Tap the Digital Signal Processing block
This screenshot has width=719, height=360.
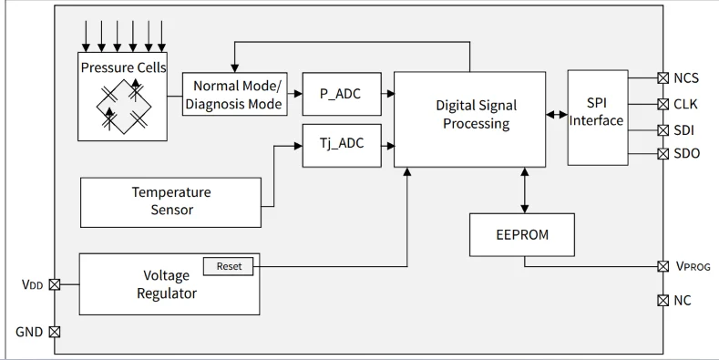[469, 115]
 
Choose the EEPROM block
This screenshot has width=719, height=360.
[522, 234]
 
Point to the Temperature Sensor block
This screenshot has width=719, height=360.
[171, 201]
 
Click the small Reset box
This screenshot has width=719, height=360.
[229, 266]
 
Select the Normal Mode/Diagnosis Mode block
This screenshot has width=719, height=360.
[234, 95]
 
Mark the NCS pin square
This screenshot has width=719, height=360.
[663, 79]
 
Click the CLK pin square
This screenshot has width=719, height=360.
[663, 104]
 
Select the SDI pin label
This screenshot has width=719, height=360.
[684, 129]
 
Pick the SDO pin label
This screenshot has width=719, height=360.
[686, 153]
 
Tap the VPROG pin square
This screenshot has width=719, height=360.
[663, 266]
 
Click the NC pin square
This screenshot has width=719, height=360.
[663, 300]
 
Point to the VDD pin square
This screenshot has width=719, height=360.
[55, 284]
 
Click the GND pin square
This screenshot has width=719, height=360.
[55, 332]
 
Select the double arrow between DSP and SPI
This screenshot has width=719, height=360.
[556, 115]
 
